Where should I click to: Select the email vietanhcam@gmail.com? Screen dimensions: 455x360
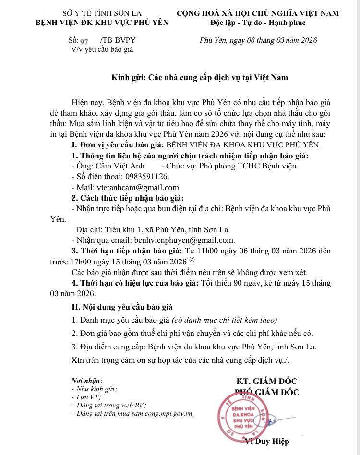138,187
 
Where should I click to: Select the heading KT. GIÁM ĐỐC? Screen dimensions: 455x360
267,382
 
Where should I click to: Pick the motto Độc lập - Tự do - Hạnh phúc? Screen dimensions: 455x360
257,23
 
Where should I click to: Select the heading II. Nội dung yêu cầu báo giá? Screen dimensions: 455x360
122,307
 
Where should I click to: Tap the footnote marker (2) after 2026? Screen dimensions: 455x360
192,260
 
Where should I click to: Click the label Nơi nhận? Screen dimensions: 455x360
87,380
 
